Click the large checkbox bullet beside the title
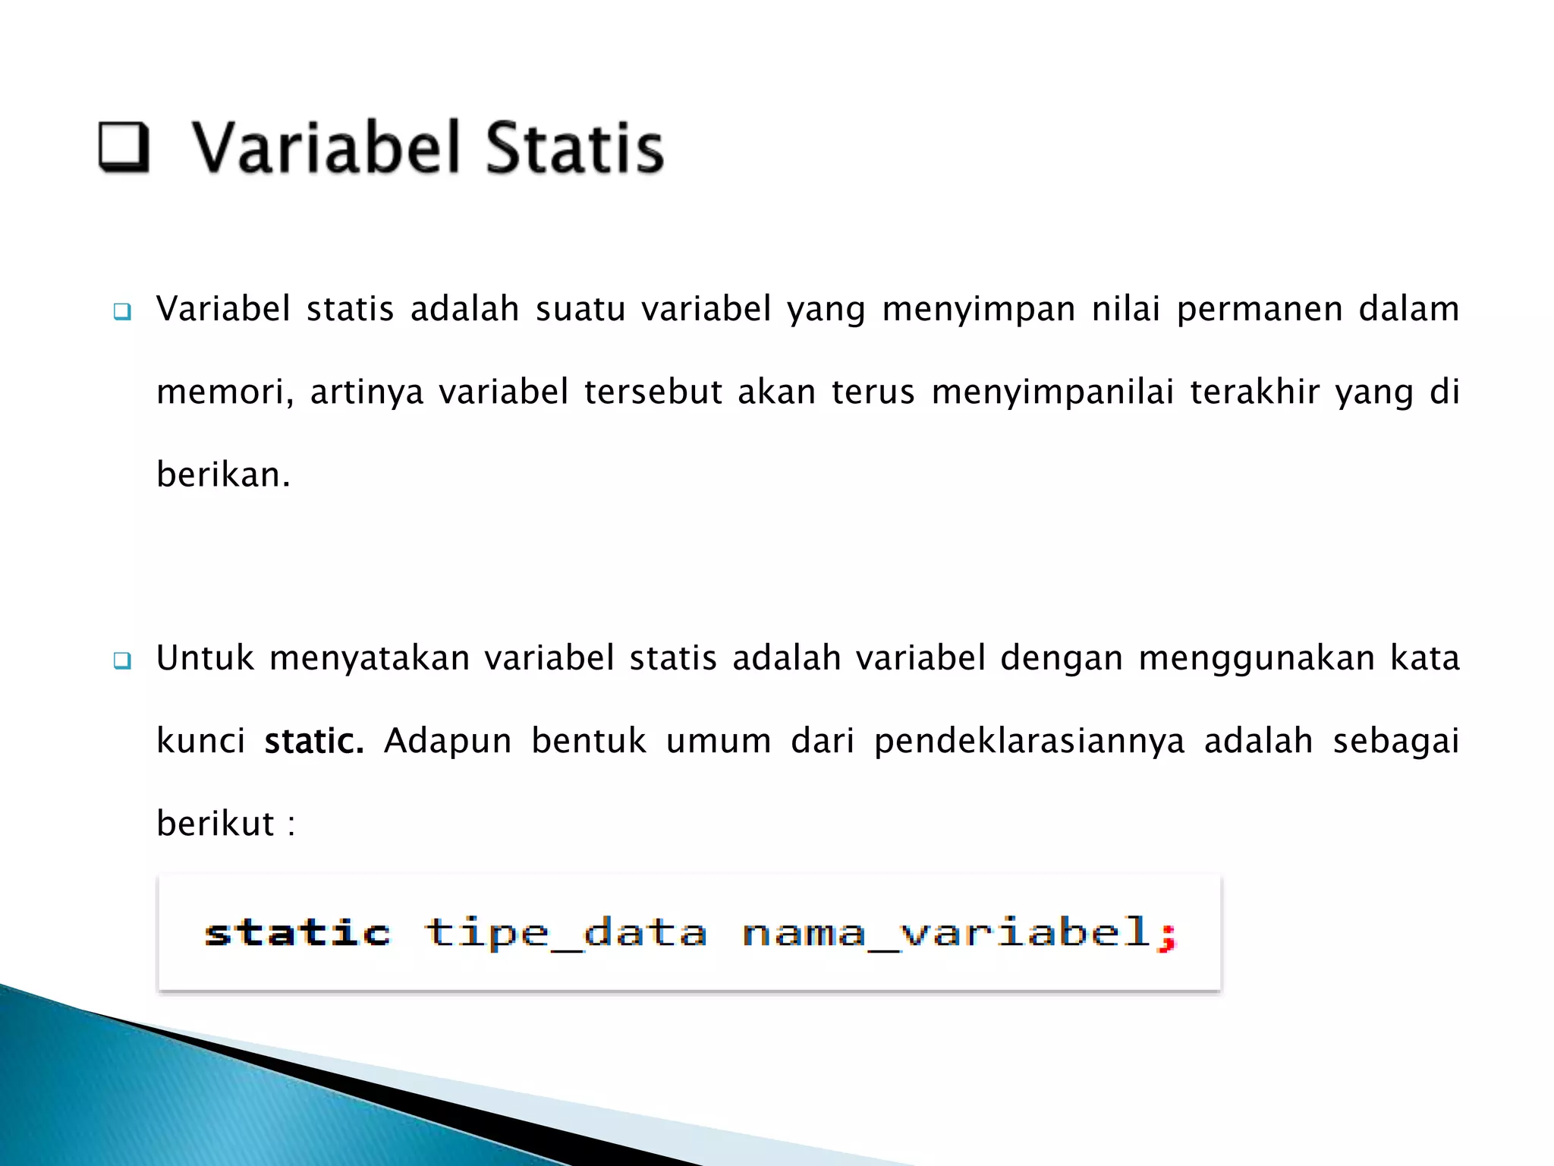124,147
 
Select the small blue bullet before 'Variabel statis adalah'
122,311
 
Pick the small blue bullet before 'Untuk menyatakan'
122,660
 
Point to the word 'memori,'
225,392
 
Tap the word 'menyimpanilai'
1052,392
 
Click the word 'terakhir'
1254,392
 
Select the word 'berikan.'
223,475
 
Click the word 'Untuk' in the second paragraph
205,658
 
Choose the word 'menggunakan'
1257,658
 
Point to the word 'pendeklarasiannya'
1029,742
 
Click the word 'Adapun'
448,742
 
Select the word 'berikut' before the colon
215,824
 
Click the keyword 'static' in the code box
297,932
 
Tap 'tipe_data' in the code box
565,932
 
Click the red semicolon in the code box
1167,935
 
